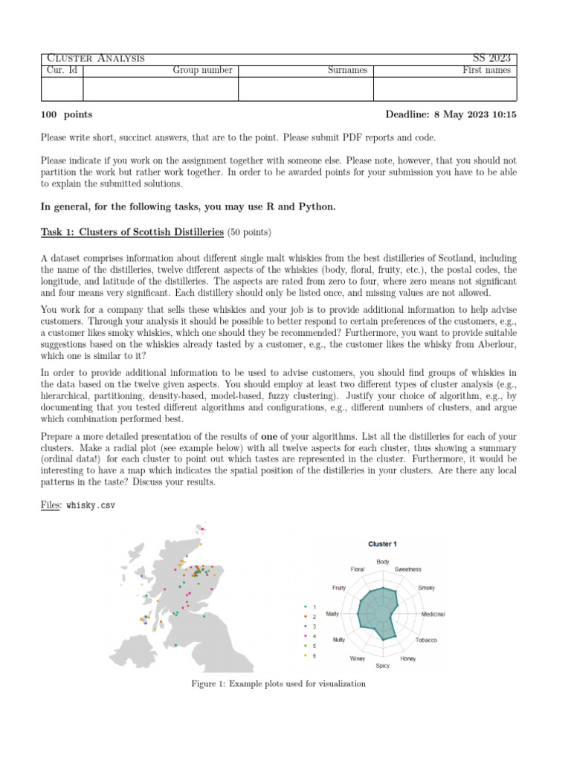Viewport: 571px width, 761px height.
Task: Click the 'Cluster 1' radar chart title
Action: [382, 544]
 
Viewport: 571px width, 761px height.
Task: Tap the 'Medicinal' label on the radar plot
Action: [433, 615]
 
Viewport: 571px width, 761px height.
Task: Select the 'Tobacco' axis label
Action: [426, 640]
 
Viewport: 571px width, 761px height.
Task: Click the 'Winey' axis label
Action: [357, 658]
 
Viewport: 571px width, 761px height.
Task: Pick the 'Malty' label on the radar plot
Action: [332, 615]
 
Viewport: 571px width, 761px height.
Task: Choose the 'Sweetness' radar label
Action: [408, 569]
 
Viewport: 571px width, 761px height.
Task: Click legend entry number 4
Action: [314, 636]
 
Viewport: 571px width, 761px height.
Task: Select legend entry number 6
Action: [314, 655]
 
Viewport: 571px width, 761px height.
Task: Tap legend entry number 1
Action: [314, 607]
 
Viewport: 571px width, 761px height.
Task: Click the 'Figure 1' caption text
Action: [278, 684]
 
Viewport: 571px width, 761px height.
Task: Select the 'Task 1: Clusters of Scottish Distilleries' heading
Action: [132, 232]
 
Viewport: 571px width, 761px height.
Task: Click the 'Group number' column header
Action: [202, 71]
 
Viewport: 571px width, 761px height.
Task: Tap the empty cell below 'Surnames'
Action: [305, 89]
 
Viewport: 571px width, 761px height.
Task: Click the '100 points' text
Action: [67, 114]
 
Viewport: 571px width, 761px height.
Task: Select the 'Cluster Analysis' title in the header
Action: [95, 58]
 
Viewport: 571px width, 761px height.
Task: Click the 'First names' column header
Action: [486, 71]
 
